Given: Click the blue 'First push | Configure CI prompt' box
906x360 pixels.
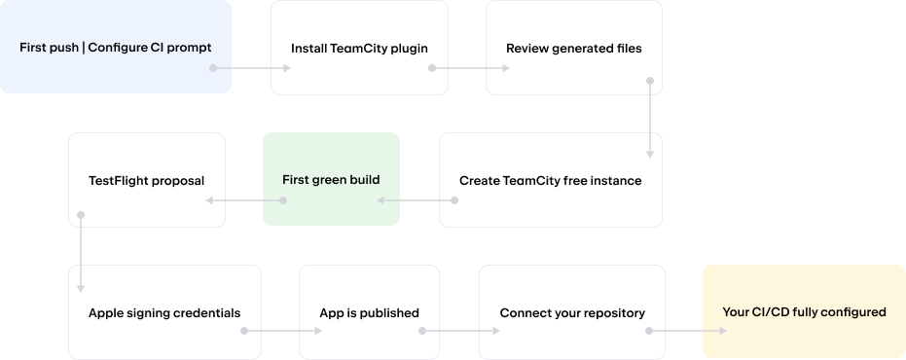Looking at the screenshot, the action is [116, 47].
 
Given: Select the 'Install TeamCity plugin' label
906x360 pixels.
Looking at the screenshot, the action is [359, 49].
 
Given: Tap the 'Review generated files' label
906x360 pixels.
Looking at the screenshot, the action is [574, 49].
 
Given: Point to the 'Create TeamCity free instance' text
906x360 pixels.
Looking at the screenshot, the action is [550, 181].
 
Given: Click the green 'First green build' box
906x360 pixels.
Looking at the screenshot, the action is [331, 179].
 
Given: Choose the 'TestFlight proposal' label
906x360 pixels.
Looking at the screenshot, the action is [146, 181].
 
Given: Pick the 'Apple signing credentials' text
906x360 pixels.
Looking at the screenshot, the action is [164, 313].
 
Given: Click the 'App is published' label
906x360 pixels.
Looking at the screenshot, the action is [369, 313].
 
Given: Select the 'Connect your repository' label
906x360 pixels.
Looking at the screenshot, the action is [572, 313].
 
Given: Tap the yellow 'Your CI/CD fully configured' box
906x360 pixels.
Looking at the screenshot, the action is [804, 311].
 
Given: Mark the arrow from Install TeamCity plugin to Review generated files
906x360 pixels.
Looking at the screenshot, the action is [469, 68].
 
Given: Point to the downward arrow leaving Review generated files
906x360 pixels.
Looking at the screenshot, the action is [650, 119].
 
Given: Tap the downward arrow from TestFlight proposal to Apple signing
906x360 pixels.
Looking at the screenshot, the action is [81, 253].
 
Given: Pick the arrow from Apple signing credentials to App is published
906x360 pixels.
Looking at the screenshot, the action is [281, 331].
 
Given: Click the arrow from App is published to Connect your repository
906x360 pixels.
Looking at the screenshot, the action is [459, 331].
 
